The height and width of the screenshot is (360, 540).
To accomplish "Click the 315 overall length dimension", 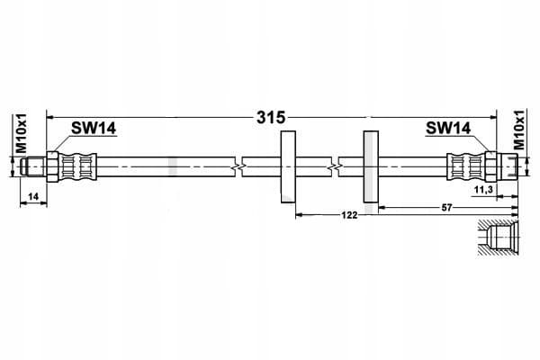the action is pyautogui.click(x=271, y=118).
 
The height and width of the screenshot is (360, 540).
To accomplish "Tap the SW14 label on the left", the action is pyautogui.click(x=94, y=128).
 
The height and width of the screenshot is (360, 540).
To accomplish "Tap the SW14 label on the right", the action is pyautogui.click(x=448, y=128).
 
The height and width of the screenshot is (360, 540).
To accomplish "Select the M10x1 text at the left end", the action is pyautogui.click(x=22, y=131).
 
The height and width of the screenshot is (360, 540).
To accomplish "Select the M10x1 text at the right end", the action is pyautogui.click(x=518, y=130).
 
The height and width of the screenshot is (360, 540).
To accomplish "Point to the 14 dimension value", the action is pyautogui.click(x=33, y=197).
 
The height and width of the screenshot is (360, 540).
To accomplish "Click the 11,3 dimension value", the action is pyautogui.click(x=483, y=189).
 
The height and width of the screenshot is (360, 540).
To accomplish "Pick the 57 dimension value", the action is pyautogui.click(x=446, y=208).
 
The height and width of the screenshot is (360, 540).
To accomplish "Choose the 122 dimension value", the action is pyautogui.click(x=349, y=215).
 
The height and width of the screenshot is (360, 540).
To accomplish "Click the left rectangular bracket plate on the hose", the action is pyautogui.click(x=288, y=166).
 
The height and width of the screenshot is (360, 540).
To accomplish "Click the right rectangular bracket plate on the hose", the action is pyautogui.click(x=371, y=166).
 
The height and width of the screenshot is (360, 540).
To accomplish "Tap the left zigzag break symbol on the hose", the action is pyautogui.click(x=238, y=167).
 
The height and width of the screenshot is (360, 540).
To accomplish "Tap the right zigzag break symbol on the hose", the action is pyautogui.click(x=335, y=167).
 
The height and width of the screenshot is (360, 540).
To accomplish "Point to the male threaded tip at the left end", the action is pyautogui.click(x=33, y=166).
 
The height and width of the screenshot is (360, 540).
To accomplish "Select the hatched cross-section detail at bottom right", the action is pyautogui.click(x=498, y=238).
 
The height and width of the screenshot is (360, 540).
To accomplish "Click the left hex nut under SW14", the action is pyautogui.click(x=53, y=166).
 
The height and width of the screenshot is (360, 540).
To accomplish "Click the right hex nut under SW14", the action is pyautogui.click(x=490, y=166).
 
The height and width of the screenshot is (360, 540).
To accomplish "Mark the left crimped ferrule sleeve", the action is pyautogui.click(x=78, y=166).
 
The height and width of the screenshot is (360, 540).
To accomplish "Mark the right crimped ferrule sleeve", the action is pyautogui.click(x=466, y=166).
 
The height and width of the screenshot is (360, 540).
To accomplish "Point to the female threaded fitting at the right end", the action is pyautogui.click(x=508, y=166).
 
